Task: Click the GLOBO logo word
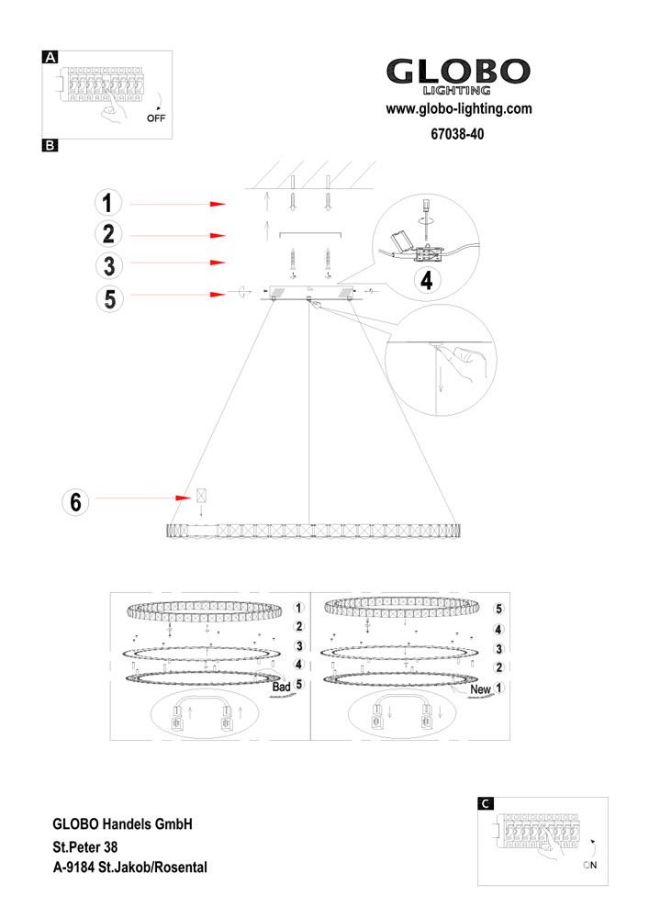[458, 73]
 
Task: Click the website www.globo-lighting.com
[459, 109]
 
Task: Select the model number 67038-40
[457, 133]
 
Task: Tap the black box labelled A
[51, 57]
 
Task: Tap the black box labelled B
[51, 145]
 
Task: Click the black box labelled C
[487, 803]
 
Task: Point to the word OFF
[158, 119]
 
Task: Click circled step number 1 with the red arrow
[108, 203]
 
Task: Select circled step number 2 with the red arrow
[108, 235]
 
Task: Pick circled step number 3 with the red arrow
[108, 264]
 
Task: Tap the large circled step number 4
[425, 280]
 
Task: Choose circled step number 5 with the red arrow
[108, 297]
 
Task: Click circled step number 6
[76, 501]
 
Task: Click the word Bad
[281, 687]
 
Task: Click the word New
[480, 688]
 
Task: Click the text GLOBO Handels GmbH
[122, 825]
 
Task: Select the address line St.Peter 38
[85, 846]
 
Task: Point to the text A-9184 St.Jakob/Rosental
[130, 867]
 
